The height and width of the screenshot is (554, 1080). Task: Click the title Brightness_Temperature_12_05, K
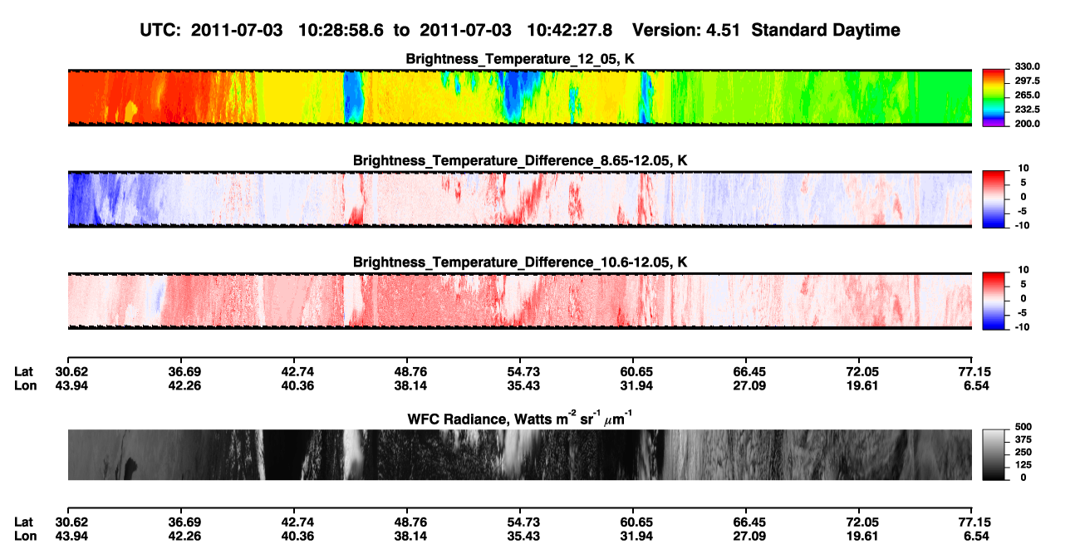tap(520, 59)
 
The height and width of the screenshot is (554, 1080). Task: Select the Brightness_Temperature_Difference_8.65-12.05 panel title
tap(520, 160)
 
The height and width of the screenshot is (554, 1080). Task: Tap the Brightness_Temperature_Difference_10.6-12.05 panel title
tap(520, 262)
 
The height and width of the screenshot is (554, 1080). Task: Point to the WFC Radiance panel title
tap(520, 418)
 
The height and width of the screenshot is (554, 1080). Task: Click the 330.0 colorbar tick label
tap(1027, 66)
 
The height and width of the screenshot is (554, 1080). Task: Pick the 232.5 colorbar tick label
tap(1027, 110)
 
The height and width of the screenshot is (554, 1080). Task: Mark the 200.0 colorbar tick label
tap(1027, 124)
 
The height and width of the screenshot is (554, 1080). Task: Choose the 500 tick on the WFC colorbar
tap(1024, 427)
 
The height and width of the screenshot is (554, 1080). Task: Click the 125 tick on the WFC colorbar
tap(1024, 465)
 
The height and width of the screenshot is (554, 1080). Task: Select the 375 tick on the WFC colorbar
tap(1024, 439)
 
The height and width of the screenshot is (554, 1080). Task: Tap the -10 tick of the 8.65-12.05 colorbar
tap(1022, 226)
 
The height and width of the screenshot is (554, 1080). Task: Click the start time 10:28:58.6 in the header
tap(341, 31)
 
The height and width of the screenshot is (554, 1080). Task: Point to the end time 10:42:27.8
tap(569, 31)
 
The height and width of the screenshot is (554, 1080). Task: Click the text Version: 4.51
tap(686, 31)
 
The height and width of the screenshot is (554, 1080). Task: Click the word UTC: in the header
tap(160, 31)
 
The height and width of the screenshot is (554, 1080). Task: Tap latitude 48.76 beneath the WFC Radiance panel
tap(410, 522)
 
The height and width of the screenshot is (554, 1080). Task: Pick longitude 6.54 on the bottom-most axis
tap(976, 537)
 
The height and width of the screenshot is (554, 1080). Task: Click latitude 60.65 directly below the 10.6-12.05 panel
tap(636, 372)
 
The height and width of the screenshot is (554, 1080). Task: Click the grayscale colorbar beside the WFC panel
tap(994, 454)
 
